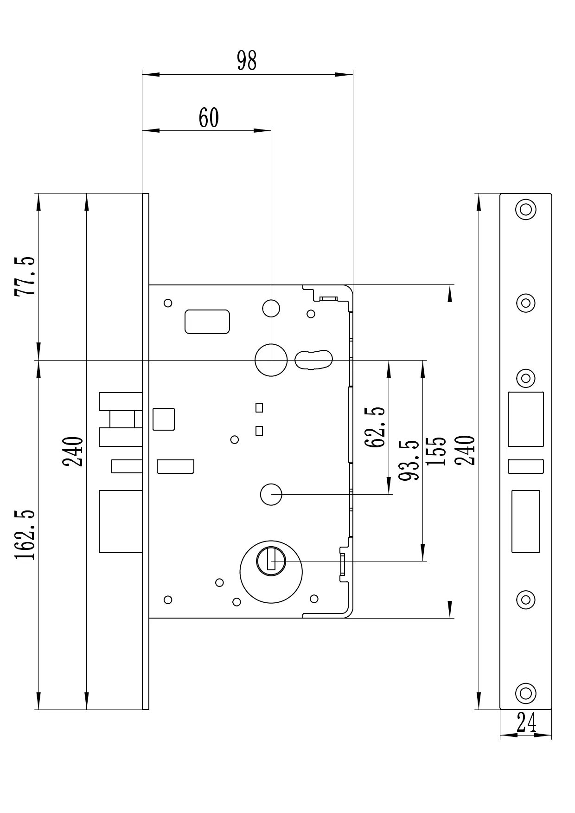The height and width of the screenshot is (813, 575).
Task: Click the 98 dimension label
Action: [x=246, y=61]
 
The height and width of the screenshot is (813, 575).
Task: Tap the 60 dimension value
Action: [x=208, y=118]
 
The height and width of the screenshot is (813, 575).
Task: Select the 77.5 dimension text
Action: [x=25, y=276]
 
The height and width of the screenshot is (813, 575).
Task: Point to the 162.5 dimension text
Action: [x=25, y=535]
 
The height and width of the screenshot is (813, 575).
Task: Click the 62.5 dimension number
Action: [x=375, y=427]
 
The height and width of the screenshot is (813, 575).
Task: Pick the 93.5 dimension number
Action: [x=409, y=460]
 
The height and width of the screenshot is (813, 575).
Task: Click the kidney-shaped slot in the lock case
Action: [x=313, y=360]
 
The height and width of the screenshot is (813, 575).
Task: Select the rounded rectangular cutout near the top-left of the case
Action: [x=207, y=322]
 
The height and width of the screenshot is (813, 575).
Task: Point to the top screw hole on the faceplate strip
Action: [x=525, y=209]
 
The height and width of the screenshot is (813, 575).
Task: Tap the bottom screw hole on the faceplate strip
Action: [x=525, y=693]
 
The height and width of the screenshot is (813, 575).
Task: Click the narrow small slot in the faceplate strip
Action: [x=525, y=466]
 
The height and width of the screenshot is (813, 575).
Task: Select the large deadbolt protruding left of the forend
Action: [x=121, y=521]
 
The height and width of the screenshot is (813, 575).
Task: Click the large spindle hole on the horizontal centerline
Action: [x=271, y=360]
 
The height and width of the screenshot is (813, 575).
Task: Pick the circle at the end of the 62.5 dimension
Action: [x=271, y=495]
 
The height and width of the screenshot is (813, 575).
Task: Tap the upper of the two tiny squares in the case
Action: [x=259, y=407]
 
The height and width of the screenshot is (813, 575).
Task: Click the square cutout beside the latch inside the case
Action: [x=164, y=419]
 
